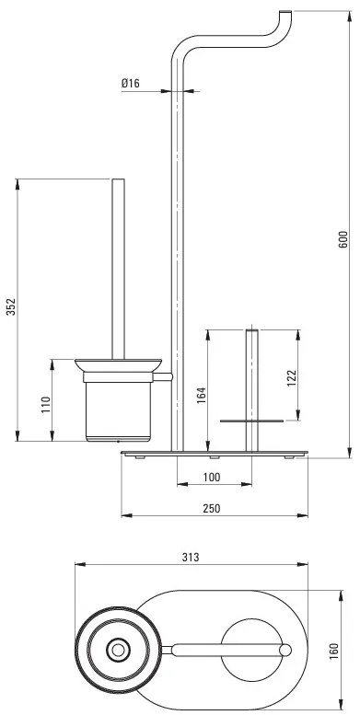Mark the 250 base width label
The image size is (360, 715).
[213, 510]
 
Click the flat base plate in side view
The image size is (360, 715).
[213, 453]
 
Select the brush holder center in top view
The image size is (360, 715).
[118, 652]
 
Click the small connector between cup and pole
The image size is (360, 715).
[167, 378]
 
